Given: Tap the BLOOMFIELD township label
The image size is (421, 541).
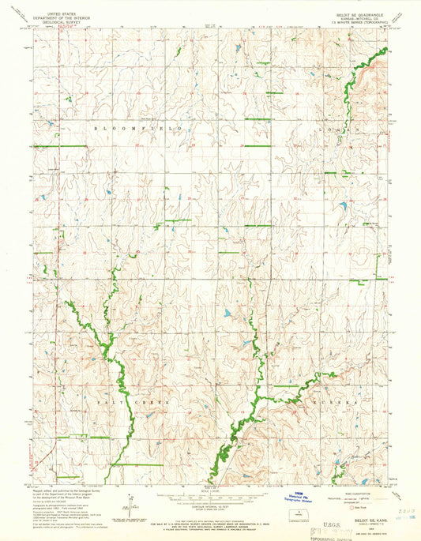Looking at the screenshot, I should (139, 126).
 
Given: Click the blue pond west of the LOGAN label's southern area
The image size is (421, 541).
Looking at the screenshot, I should (344, 207).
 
